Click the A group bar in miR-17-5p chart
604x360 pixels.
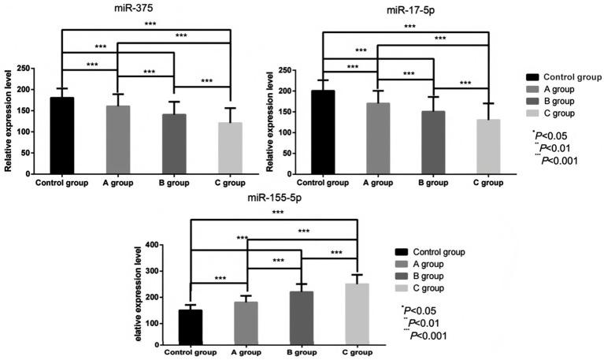(378, 139)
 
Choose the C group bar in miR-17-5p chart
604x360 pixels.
(488, 147)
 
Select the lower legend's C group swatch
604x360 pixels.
(407, 289)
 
